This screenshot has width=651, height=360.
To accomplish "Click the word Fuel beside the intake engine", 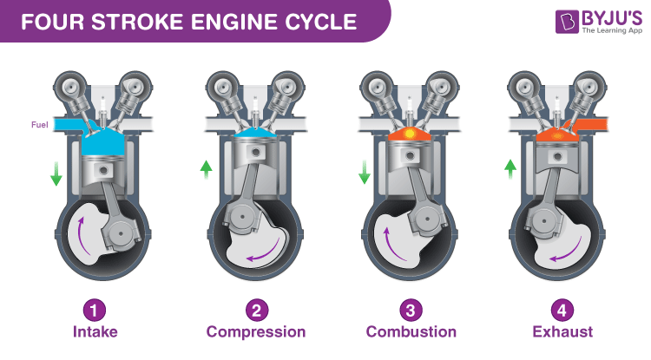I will (x=39, y=124).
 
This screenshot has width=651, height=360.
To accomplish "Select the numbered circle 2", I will (x=255, y=309).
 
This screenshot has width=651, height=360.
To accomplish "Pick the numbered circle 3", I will (x=411, y=309).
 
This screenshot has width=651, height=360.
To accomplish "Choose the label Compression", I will (x=255, y=331).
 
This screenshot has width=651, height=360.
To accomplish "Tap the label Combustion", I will (x=411, y=331).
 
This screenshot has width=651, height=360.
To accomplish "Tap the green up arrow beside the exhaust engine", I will (x=512, y=168).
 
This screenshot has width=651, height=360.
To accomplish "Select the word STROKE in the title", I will (x=140, y=21).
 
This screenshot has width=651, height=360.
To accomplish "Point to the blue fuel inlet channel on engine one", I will (x=70, y=126).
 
